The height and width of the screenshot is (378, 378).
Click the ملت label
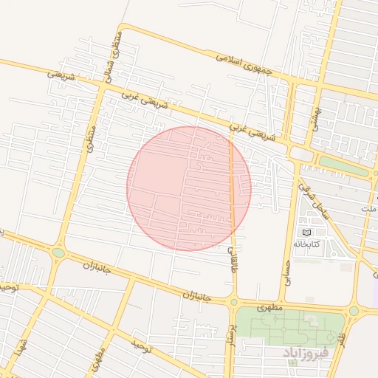pyautogui.click(x=369, y=210)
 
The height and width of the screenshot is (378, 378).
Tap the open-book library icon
pyautogui.click(x=306, y=233)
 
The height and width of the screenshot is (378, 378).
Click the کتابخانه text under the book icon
pyautogui.click(x=306, y=244)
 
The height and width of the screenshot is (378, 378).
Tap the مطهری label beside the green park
pyautogui.click(x=270, y=306)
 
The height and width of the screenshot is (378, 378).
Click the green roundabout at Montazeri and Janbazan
pyautogui.click(x=58, y=252)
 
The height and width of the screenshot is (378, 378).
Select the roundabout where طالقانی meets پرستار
pyautogui.click(x=233, y=301)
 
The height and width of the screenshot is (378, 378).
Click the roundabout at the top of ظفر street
pyautogui.click(x=354, y=311)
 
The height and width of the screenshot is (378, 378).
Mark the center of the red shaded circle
pyautogui.click(x=189, y=188)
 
